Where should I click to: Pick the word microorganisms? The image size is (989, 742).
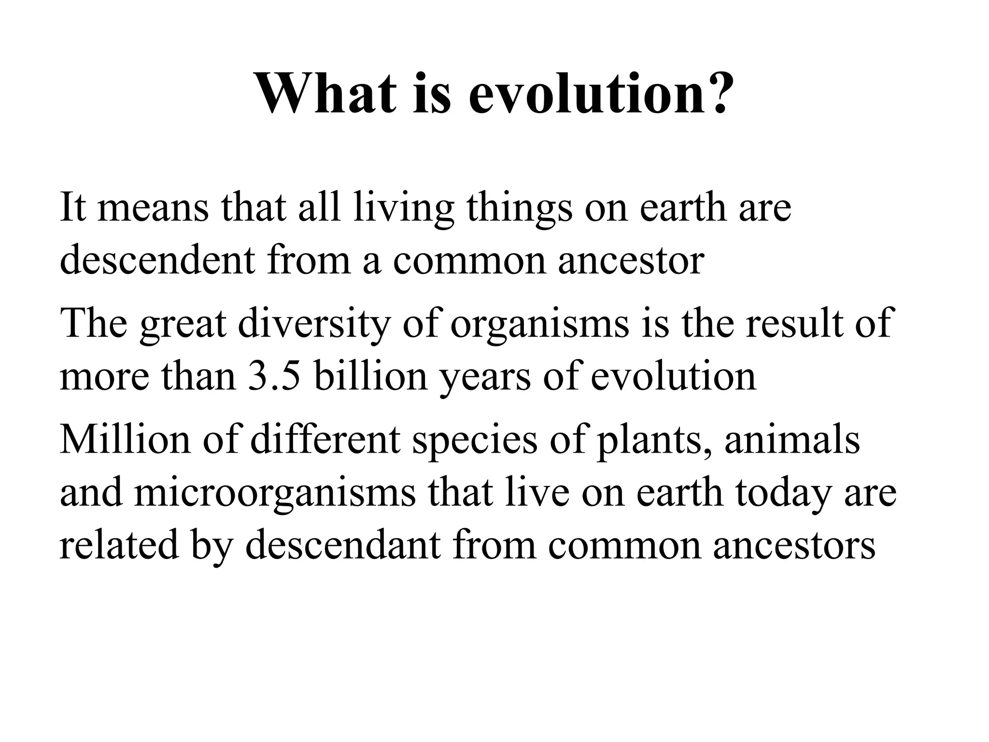click(x=274, y=495)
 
